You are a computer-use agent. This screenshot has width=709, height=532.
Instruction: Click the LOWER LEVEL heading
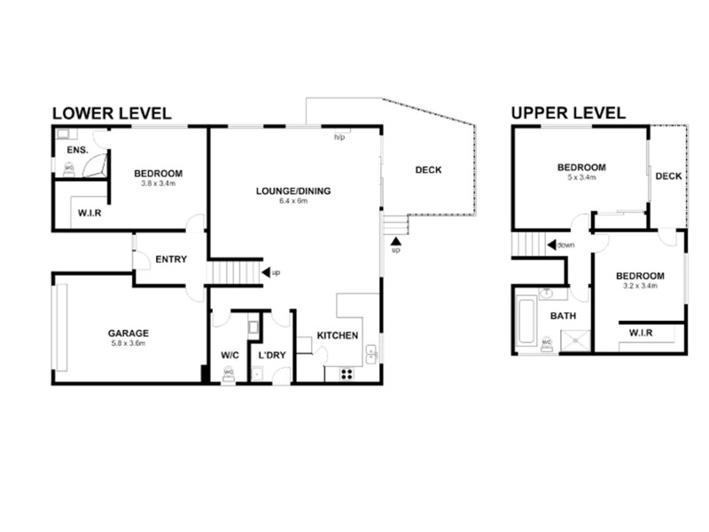[x=111, y=113]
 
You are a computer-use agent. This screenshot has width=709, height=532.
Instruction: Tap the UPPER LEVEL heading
[x=568, y=113]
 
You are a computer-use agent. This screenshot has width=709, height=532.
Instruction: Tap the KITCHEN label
[x=338, y=336]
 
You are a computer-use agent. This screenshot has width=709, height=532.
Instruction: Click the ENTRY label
[x=170, y=260]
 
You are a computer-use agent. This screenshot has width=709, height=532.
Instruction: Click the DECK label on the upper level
[x=668, y=176]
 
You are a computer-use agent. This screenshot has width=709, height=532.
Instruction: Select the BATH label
[x=564, y=316]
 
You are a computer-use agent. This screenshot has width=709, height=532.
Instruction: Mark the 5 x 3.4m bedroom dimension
[x=580, y=177]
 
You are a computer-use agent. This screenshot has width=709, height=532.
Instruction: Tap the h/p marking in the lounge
[x=339, y=138]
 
